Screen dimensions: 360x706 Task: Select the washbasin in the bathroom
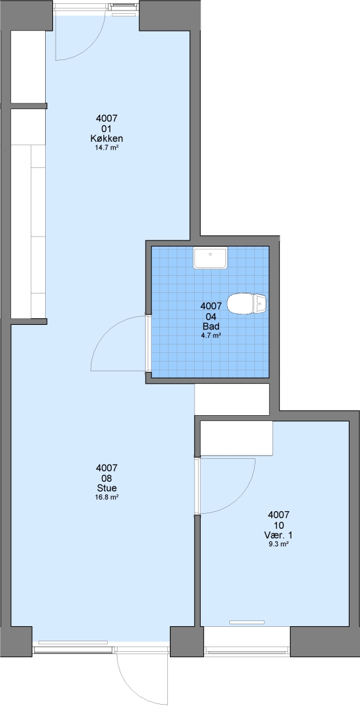pyautogui.click(x=210, y=258)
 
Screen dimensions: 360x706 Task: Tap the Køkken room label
pyautogui.click(x=106, y=139)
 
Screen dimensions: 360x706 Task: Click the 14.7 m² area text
pyautogui.click(x=106, y=148)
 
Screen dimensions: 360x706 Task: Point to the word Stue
pyautogui.click(x=106, y=488)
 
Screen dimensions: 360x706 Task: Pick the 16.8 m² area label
pyautogui.click(x=106, y=497)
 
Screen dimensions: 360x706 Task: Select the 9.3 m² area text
pyautogui.click(x=278, y=544)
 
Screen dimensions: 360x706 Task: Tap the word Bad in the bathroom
pyautogui.click(x=210, y=326)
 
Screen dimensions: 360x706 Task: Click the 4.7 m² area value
pyautogui.click(x=210, y=335)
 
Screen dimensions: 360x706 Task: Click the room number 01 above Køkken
pyautogui.click(x=106, y=129)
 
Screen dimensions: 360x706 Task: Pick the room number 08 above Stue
pyautogui.click(x=106, y=478)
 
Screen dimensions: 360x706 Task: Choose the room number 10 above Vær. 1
pyautogui.click(x=278, y=525)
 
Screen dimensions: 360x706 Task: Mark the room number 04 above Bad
pyautogui.click(x=210, y=316)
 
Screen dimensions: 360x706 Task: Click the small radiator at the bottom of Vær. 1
pyautogui.click(x=246, y=622)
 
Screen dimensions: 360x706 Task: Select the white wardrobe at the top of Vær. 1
pyautogui.click(x=237, y=438)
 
